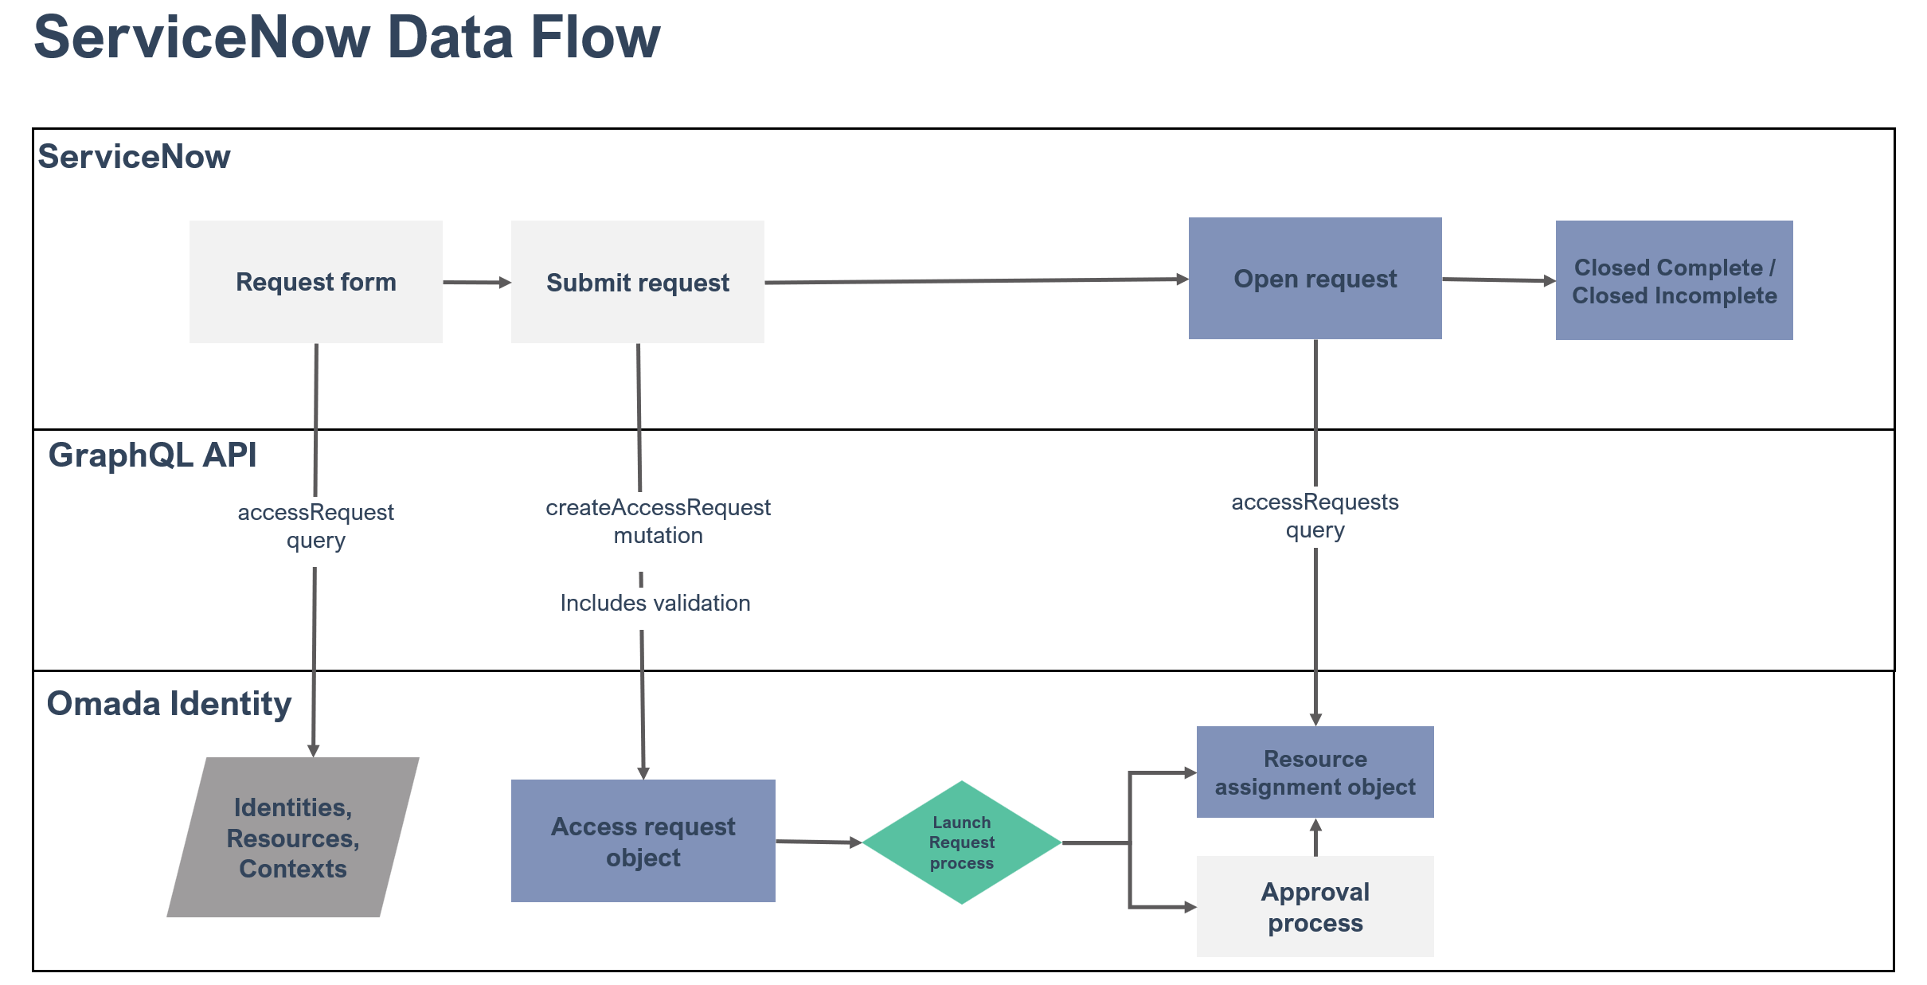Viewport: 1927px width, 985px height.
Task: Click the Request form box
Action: (316, 282)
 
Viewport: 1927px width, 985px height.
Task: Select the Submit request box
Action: (638, 282)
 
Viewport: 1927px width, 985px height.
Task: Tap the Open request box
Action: (1315, 279)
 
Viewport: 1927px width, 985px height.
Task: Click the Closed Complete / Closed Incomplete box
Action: (1675, 280)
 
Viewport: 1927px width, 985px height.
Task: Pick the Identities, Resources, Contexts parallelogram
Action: (293, 837)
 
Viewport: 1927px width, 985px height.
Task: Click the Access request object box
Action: (643, 841)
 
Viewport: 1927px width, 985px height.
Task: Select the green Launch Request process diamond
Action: (962, 842)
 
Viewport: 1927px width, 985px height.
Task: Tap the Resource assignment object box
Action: (1315, 772)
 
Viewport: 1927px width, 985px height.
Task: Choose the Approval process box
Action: (1315, 906)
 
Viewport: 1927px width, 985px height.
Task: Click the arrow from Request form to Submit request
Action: (477, 282)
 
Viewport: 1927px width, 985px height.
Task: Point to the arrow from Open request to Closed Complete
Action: (1499, 279)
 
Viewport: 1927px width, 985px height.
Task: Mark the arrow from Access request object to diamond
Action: (819, 842)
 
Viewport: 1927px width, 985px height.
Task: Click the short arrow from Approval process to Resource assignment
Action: (1315, 838)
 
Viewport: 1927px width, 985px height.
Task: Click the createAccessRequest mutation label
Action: (658, 522)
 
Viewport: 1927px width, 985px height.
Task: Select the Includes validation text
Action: (655, 603)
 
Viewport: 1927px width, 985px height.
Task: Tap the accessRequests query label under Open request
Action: (1315, 516)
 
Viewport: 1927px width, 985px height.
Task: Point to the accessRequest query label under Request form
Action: (316, 526)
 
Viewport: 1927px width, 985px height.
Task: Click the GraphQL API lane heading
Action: (152, 455)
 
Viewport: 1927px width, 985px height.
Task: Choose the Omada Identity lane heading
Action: (169, 705)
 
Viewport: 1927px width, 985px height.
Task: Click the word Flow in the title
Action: (596, 37)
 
